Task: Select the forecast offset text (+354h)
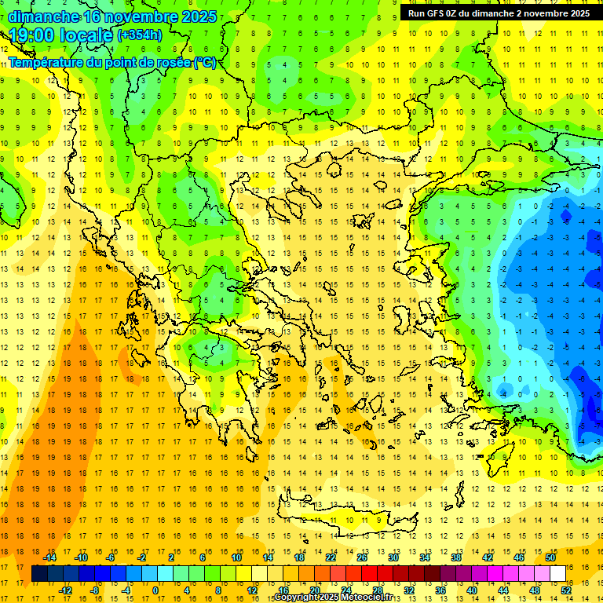tap(140, 35)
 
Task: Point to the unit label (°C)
tap(205, 63)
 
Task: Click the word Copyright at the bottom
tap(297, 598)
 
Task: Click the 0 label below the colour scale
tap(155, 590)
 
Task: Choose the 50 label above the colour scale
tap(550, 557)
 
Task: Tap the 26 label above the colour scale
tap(362, 557)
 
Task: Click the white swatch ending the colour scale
tap(558, 574)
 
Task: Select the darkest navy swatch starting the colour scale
tap(39, 574)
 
